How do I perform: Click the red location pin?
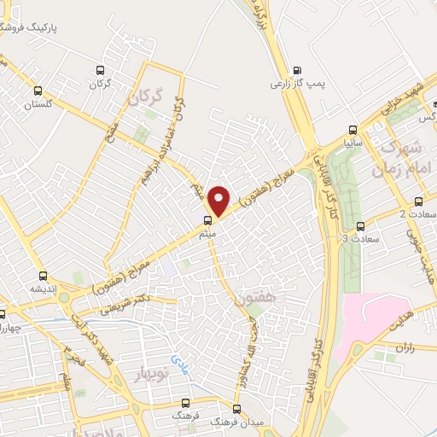[219, 200]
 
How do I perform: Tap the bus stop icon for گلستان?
[37, 90]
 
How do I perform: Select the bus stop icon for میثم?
[207, 219]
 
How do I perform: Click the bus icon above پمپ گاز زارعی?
[297, 71]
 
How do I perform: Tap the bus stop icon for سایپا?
[351, 131]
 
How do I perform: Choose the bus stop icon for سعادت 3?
[360, 226]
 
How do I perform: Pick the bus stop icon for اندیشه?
[44, 275]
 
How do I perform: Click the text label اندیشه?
[44, 288]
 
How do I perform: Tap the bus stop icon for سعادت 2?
[418, 200]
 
